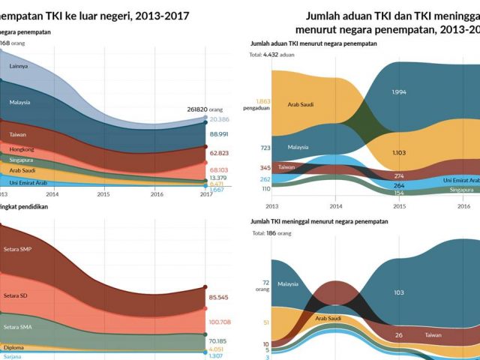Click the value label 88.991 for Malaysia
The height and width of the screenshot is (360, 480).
pyautogui.click(x=219, y=133)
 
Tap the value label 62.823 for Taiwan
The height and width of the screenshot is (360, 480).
pyautogui.click(x=219, y=153)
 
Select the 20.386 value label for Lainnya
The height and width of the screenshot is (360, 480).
pyautogui.click(x=219, y=119)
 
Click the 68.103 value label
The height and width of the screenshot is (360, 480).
pyautogui.click(x=219, y=169)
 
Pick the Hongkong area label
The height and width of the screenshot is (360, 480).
pyautogui.click(x=22, y=149)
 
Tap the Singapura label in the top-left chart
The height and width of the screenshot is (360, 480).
pyautogui.click(x=22, y=160)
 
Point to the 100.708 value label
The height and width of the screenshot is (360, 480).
pyautogui.click(x=220, y=322)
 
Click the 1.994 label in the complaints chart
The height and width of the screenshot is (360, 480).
pyautogui.click(x=400, y=92)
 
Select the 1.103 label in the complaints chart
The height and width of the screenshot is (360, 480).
pyautogui.click(x=400, y=152)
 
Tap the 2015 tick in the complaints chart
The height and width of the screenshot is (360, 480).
pyautogui.click(x=400, y=204)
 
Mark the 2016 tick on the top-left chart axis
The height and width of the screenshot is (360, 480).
pyautogui.click(x=157, y=193)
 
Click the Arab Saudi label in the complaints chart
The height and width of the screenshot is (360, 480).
pyautogui.click(x=300, y=104)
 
